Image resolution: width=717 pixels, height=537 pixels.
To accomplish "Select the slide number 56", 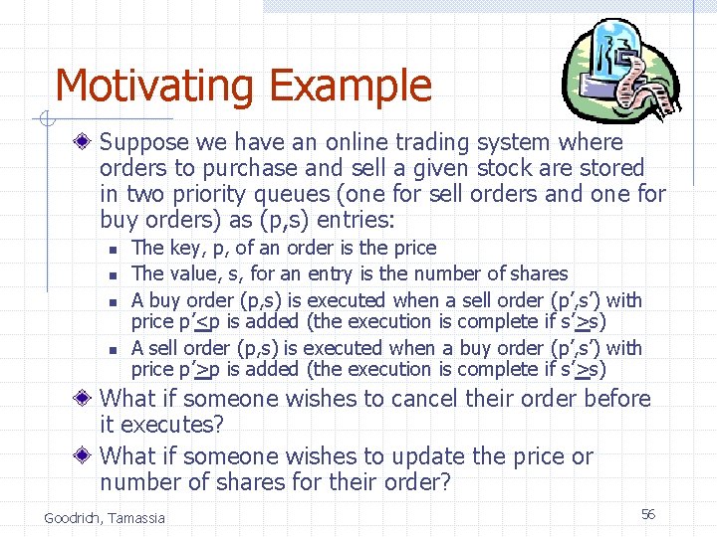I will point(648,513).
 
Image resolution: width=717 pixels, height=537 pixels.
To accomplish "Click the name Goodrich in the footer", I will point(74,517).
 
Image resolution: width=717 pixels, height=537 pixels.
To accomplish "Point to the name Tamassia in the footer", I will point(138,517).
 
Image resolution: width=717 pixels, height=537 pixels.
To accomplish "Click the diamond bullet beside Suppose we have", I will point(88,143).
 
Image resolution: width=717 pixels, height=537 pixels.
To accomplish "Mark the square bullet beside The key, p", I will point(116,249).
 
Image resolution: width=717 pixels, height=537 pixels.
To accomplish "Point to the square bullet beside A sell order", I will point(116,349).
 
